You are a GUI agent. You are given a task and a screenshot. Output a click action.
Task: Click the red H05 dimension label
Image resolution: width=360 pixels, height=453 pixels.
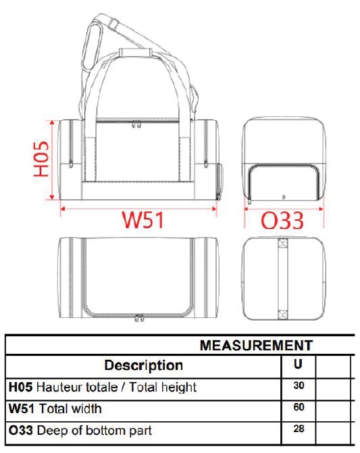click(x=41, y=159)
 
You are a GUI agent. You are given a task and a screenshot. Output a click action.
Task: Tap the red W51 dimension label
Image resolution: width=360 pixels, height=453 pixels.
click(x=143, y=220)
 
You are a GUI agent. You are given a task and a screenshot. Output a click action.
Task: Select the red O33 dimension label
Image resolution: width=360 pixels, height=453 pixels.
click(x=282, y=221)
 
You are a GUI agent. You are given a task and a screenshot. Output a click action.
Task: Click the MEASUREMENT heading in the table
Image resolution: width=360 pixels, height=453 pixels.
click(x=256, y=345)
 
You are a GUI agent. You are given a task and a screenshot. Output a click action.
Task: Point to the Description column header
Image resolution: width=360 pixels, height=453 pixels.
click(x=144, y=365)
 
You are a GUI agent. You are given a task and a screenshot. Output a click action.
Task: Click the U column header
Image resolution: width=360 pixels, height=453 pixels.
click(x=298, y=364)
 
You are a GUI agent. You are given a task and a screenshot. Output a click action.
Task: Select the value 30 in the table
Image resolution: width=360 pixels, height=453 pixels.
click(x=299, y=385)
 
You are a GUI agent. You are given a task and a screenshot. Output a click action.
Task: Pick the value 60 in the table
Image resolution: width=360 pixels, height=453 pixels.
click(x=299, y=407)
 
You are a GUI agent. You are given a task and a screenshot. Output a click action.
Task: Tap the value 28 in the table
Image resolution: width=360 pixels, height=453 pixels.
click(x=299, y=429)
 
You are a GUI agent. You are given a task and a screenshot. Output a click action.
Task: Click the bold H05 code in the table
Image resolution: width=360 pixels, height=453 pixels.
click(x=20, y=387)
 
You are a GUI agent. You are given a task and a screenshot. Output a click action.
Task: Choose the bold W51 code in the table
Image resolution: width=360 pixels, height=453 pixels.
click(x=22, y=408)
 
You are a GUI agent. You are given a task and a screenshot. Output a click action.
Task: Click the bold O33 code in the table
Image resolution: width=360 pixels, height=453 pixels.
click(x=20, y=431)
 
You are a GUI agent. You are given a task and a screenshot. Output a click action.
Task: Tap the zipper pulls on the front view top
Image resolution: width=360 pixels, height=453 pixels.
click(x=136, y=124)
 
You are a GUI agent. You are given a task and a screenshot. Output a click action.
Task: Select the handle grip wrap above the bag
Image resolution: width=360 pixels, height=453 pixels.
click(x=136, y=52)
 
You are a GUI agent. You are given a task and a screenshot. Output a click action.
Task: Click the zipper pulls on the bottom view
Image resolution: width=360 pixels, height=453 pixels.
click(x=139, y=318)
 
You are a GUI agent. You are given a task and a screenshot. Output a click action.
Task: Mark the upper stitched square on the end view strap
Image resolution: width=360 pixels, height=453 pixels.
click(x=282, y=244)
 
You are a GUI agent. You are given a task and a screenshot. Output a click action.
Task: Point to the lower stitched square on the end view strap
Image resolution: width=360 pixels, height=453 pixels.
click(x=282, y=315)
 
